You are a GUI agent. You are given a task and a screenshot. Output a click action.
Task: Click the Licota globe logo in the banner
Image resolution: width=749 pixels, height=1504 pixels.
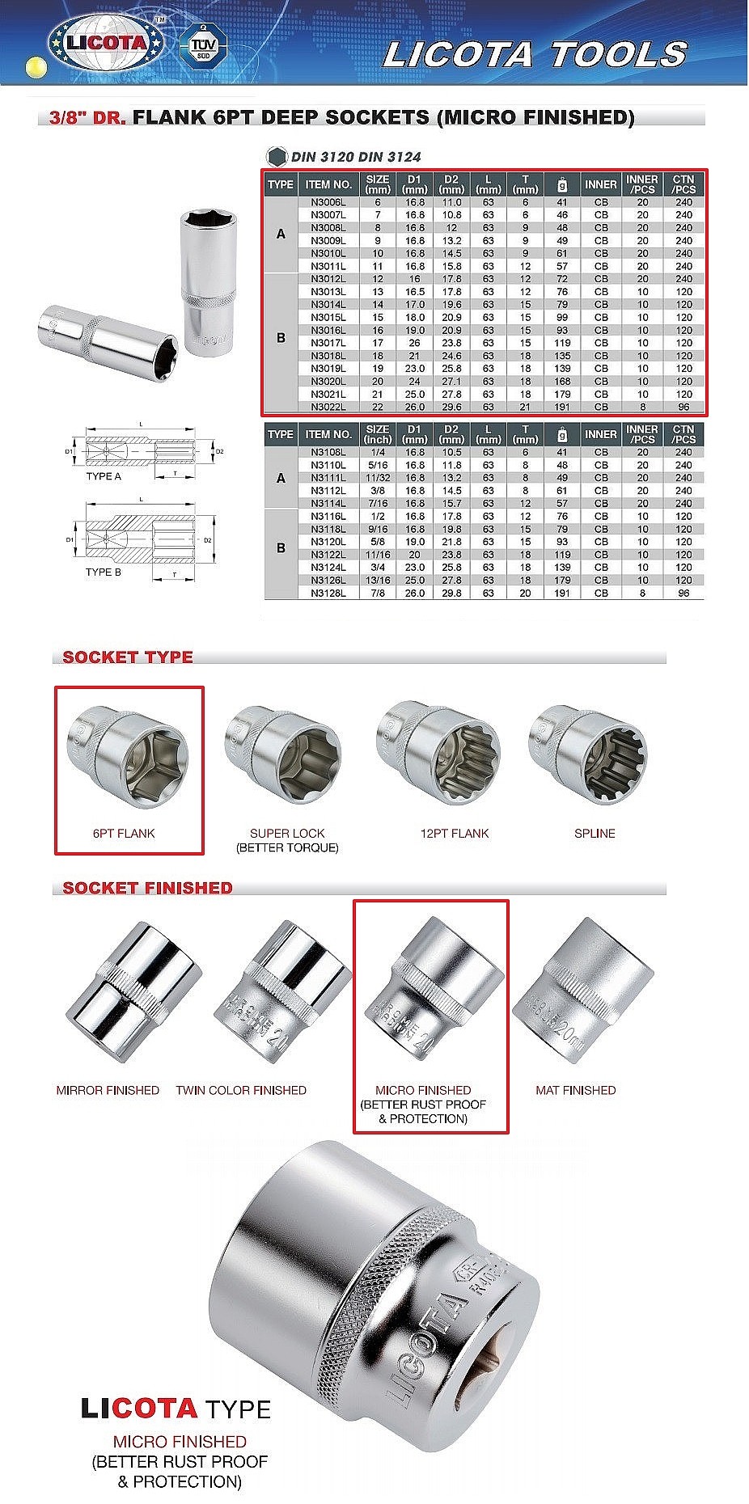(106, 43)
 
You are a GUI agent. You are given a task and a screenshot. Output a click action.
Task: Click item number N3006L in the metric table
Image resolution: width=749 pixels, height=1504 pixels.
(328, 202)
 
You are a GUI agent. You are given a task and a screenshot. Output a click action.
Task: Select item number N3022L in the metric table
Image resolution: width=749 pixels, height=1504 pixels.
(328, 407)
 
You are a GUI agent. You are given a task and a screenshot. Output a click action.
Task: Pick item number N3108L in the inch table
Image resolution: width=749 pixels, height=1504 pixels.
(328, 452)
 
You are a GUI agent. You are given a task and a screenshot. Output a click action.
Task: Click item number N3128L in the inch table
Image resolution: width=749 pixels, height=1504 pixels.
(328, 593)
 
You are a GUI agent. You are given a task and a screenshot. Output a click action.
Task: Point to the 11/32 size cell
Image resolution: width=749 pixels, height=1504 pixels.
(377, 478)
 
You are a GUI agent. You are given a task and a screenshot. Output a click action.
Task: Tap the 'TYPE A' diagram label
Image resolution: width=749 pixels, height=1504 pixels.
(104, 476)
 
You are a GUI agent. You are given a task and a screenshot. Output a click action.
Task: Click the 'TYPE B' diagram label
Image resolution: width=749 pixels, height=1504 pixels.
(104, 572)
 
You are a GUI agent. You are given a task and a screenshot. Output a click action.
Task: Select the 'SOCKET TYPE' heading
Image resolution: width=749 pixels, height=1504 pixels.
(128, 657)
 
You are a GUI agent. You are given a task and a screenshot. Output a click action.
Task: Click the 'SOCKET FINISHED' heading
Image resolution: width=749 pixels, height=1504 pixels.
(147, 887)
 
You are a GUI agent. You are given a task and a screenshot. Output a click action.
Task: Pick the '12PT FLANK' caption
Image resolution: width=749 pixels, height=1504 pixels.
(455, 833)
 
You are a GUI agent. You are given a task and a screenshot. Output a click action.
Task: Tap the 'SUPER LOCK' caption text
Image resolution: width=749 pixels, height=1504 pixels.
(287, 833)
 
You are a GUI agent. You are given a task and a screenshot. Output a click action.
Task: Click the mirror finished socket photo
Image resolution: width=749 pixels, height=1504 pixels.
(133, 991)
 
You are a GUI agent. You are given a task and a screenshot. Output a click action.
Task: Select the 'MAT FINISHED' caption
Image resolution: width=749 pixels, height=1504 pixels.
(575, 1090)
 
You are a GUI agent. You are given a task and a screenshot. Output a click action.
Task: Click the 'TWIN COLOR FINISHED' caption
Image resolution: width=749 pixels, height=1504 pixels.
(241, 1090)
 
